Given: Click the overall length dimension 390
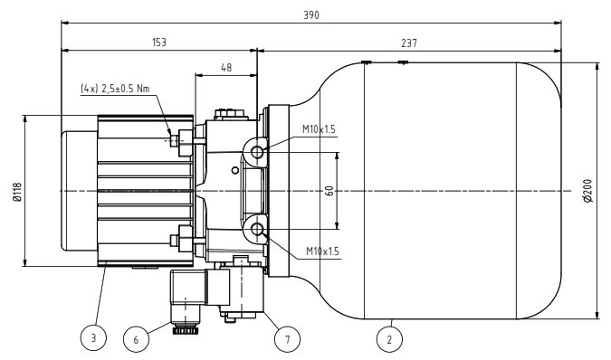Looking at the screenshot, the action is coord(311,15).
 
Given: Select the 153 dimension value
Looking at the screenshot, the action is coord(159,42).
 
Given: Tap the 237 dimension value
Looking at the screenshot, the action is coord(409,43).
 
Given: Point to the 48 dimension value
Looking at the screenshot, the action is coord(226,67).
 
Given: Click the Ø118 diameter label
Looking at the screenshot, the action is coord(17,192).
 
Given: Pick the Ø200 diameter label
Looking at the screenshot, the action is coord(587,190).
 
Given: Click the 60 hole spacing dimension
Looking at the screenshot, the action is coord(329,190).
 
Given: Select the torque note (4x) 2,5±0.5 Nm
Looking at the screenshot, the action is coord(115,89).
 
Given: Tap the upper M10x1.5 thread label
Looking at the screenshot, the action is coord(319,129).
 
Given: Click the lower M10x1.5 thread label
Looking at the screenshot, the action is coord(322,251).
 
